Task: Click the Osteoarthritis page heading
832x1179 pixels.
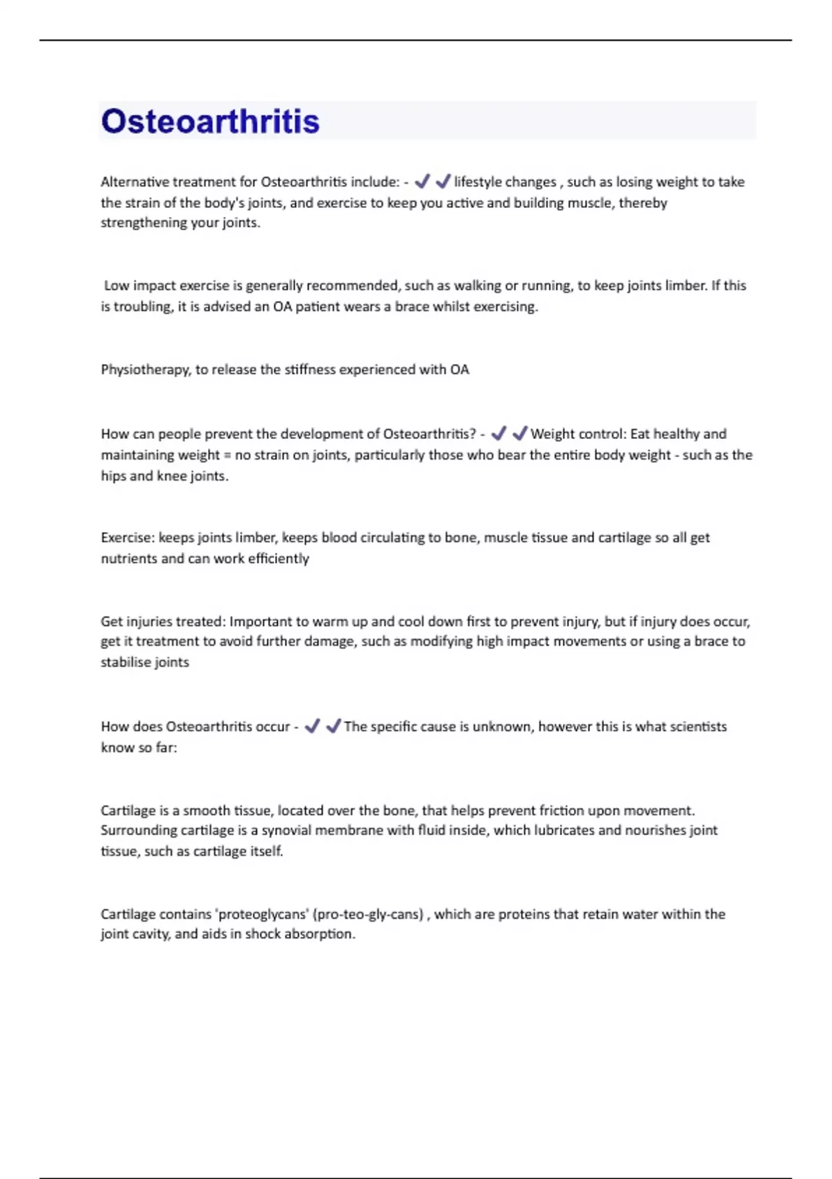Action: tap(210, 121)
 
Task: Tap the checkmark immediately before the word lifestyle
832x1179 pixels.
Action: tap(443, 181)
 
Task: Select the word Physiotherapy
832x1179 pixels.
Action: tap(145, 370)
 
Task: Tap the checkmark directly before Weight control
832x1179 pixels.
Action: tap(519, 433)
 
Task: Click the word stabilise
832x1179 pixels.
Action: tap(125, 662)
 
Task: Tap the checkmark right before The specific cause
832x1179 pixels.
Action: tap(333, 726)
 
